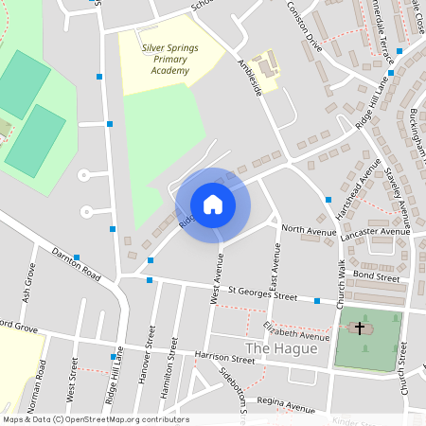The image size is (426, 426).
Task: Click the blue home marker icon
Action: point(213,204)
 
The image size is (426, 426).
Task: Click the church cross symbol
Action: point(359,328)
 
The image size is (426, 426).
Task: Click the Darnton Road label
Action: point(77,266)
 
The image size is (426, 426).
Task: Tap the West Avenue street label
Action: point(219,279)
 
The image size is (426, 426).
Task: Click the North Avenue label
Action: point(308,230)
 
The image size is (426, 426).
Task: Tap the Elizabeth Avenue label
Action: point(295,329)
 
